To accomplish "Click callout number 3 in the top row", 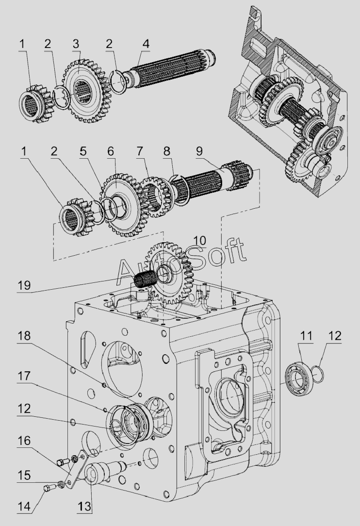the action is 76,44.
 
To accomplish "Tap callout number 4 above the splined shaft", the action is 146,44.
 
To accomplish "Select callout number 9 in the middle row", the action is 199,151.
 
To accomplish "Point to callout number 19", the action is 24,285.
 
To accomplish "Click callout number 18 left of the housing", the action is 24,335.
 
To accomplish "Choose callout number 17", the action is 24,376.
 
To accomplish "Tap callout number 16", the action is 24,441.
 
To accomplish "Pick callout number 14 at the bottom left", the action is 24,507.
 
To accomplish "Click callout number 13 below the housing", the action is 84,507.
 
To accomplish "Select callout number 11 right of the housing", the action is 306,335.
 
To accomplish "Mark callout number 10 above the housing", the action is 200,241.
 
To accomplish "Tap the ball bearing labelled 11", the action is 299,378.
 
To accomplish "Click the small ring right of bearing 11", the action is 318,374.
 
